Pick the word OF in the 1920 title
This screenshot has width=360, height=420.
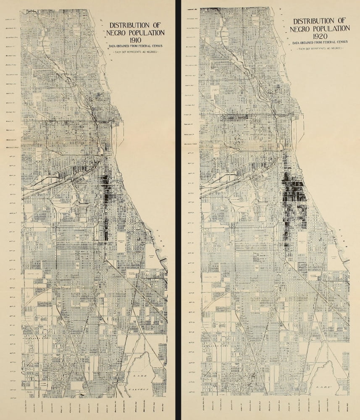(x=342, y=21)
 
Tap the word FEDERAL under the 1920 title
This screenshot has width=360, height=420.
(x=332, y=43)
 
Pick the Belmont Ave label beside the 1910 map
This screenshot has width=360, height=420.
(x=9, y=55)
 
